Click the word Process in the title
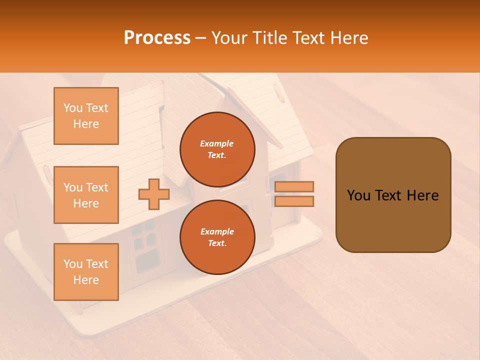[157, 38]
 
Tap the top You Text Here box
[86, 116]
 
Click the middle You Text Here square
[86, 195]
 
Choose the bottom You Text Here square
[86, 272]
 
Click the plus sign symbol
[154, 194]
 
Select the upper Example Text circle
[217, 149]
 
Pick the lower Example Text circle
[217, 237]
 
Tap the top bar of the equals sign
[294, 186]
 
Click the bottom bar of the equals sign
[294, 201]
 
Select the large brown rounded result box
[393, 195]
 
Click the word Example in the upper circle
[217, 143]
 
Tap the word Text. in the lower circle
[217, 243]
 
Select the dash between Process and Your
[201, 38]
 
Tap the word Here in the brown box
[422, 195]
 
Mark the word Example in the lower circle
[217, 231]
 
